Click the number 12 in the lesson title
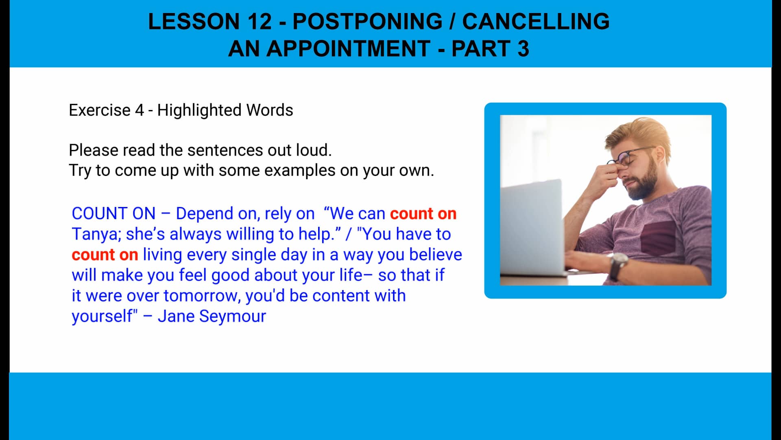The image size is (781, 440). click(259, 22)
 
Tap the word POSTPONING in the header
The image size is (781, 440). click(367, 22)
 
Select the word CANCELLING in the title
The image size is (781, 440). click(536, 22)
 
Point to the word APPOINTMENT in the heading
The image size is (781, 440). click(348, 49)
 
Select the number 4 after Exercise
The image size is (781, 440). click(140, 110)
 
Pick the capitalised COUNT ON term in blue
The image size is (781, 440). click(113, 213)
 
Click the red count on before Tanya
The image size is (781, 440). click(423, 213)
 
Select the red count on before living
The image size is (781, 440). click(105, 255)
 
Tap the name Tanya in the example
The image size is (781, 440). click(96, 234)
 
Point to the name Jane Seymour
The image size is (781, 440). click(212, 316)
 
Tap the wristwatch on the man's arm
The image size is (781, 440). click(619, 264)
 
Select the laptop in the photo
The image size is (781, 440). click(533, 228)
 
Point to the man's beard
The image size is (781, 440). click(645, 183)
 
